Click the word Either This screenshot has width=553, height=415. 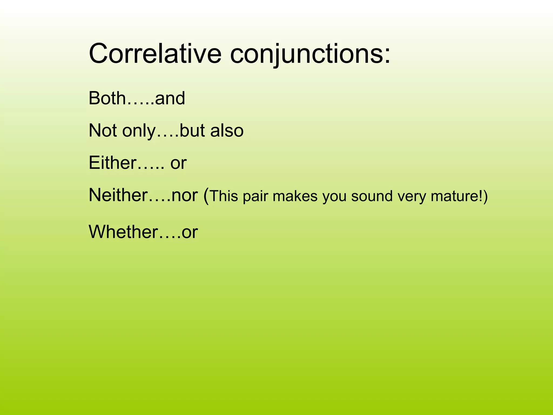(x=113, y=163)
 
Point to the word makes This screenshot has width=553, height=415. (x=295, y=196)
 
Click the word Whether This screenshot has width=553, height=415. (x=123, y=232)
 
